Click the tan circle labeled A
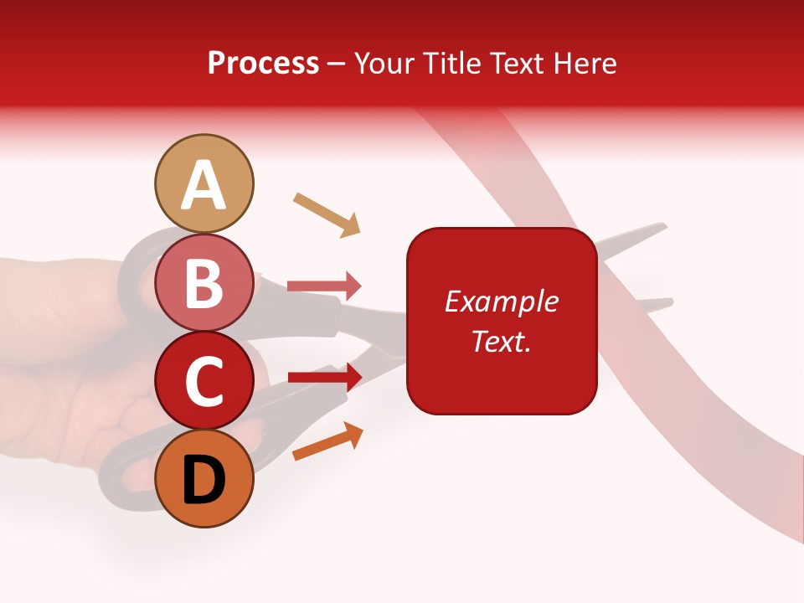coord(204,183)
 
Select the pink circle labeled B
coord(204,282)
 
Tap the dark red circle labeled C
coord(204,381)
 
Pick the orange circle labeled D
coord(204,479)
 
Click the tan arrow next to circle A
coord(327,214)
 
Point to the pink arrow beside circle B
coord(324,286)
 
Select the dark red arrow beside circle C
coord(324,377)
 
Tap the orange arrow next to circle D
coord(327,441)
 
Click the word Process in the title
coord(263,63)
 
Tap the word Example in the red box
coord(502,301)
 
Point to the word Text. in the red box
coord(502,341)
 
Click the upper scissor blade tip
coord(661,226)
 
